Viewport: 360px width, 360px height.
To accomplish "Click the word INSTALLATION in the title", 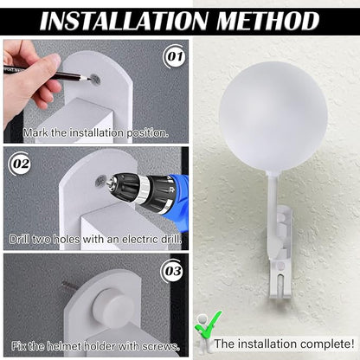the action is point(124,21).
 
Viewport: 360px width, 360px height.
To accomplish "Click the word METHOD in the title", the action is point(268,21).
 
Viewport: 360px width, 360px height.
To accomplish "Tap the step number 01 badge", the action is point(175,56).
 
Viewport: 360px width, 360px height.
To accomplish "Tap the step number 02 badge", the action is point(21,164).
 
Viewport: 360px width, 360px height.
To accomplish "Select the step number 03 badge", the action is point(173,271).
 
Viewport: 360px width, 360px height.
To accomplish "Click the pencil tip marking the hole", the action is point(88,78).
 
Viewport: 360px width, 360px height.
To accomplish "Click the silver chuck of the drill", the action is point(113,182).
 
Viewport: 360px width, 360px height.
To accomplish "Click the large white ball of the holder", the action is point(273,116).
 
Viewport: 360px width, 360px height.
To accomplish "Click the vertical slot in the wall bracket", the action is point(280,284).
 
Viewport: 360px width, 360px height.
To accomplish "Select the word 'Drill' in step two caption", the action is point(19,240).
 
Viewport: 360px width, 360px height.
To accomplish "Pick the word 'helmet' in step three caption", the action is point(65,346).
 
